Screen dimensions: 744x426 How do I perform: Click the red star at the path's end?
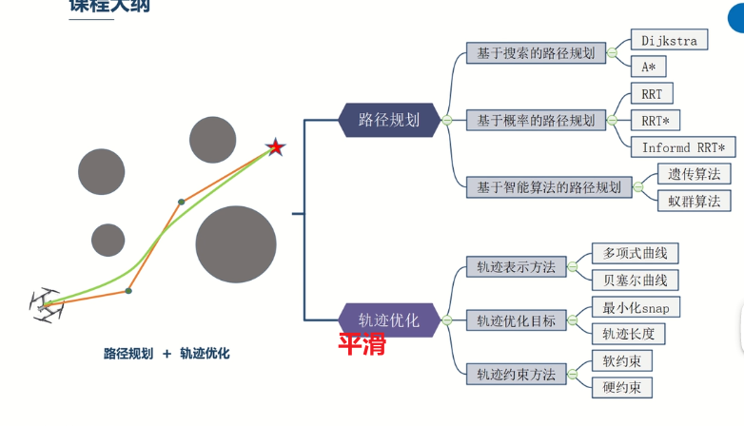click(x=275, y=147)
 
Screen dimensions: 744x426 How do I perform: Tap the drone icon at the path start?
click(x=46, y=305)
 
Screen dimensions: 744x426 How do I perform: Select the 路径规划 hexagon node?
click(x=389, y=120)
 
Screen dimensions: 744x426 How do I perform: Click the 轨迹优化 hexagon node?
click(x=389, y=319)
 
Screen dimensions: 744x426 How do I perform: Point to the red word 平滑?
click(x=362, y=344)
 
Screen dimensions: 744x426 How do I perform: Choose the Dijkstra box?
click(x=669, y=40)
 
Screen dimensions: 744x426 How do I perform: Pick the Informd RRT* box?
click(x=683, y=147)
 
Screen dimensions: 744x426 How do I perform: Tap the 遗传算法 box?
click(x=694, y=174)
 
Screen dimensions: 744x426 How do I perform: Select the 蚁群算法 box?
click(x=694, y=201)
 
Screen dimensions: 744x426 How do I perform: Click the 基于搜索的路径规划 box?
click(x=536, y=53)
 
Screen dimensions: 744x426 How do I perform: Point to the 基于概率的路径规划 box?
click(x=536, y=121)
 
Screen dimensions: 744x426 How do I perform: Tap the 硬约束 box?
click(x=621, y=387)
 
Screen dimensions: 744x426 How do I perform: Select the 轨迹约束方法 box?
click(x=516, y=374)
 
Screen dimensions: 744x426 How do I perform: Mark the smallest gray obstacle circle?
click(x=108, y=241)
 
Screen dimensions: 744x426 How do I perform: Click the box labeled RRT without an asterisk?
click(x=652, y=94)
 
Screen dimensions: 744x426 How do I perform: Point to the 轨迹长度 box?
click(x=628, y=334)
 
